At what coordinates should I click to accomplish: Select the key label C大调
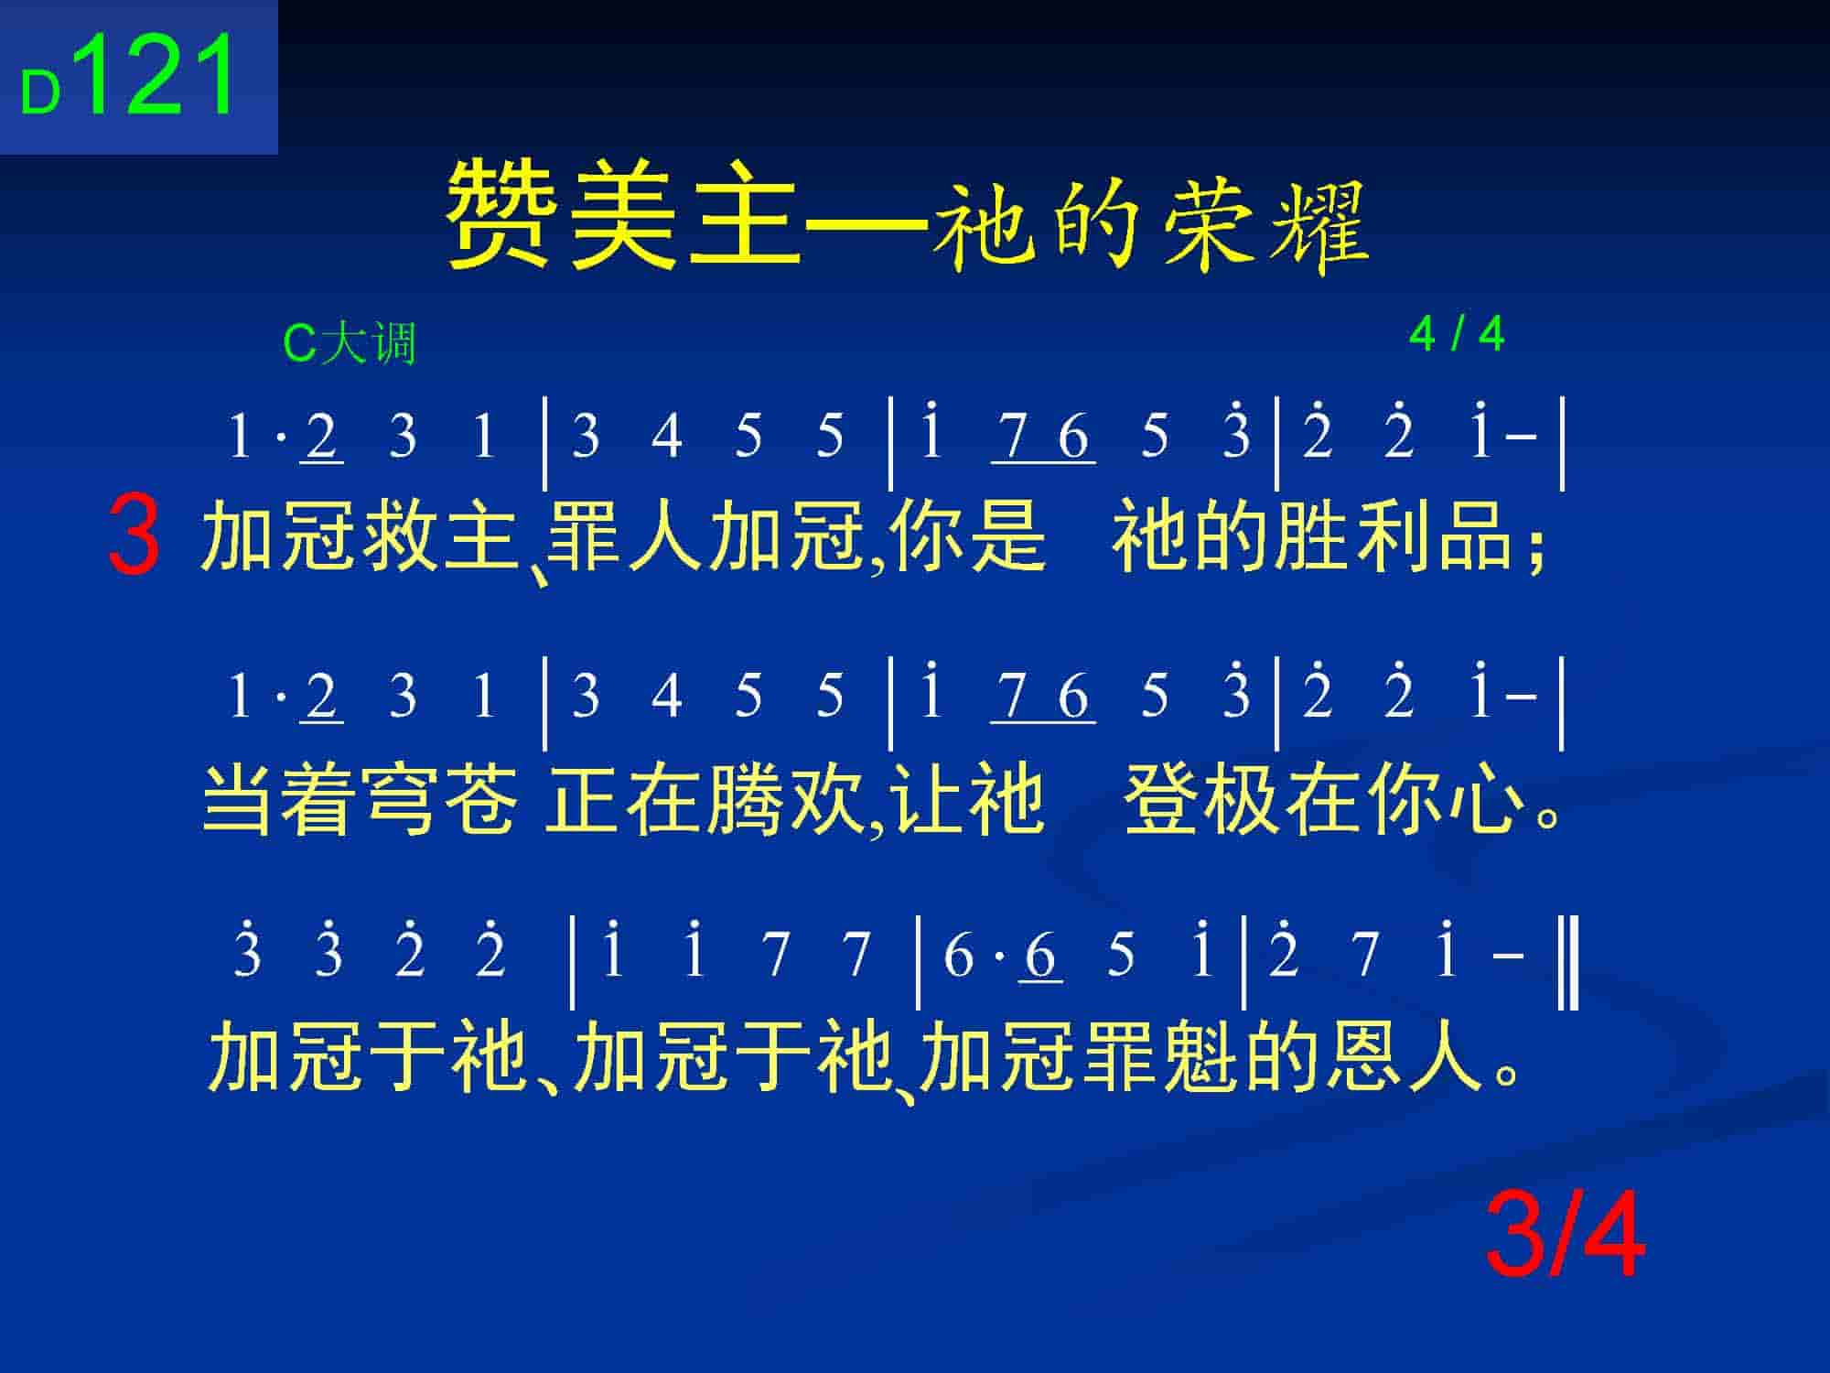[350, 344]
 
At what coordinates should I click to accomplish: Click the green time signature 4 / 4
[1457, 334]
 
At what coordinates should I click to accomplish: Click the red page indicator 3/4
[1566, 1237]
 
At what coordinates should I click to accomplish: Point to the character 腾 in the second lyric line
[747, 798]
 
